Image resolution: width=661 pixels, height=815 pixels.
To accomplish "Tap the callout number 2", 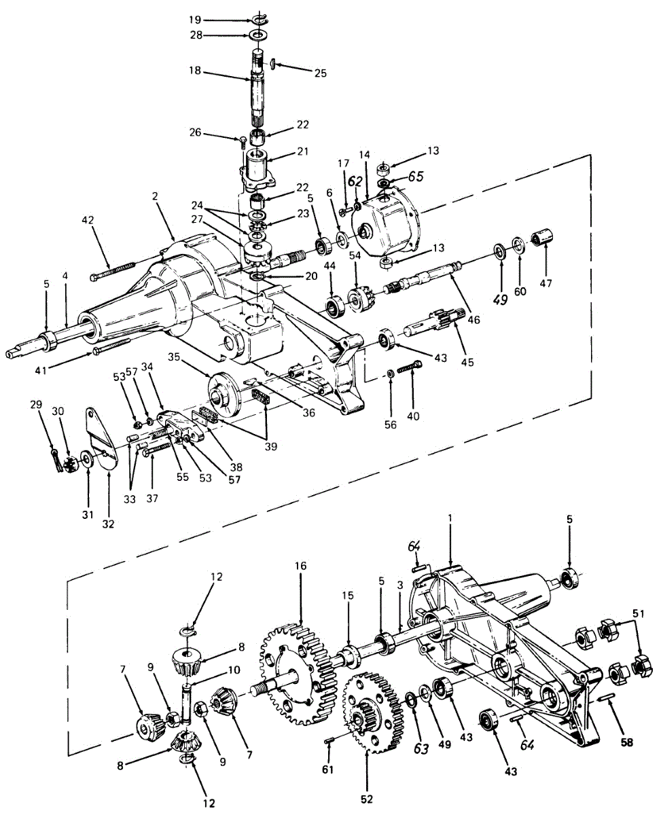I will coord(155,196).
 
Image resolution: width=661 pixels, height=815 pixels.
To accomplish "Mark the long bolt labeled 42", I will coord(113,270).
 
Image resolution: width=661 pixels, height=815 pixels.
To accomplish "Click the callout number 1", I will coord(451,518).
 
